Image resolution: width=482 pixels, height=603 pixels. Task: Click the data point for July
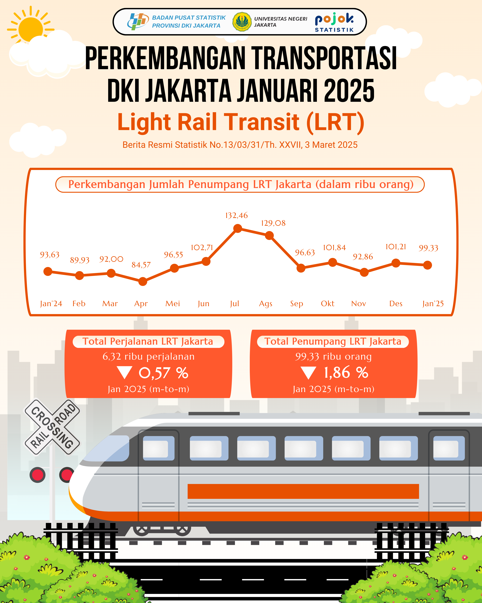[x=238, y=229]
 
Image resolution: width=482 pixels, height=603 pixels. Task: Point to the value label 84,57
[x=141, y=265]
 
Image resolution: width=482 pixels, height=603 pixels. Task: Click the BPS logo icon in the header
[x=138, y=22]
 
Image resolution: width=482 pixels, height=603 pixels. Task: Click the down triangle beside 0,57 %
[x=124, y=373]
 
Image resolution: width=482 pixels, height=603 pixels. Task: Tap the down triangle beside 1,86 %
[x=308, y=373]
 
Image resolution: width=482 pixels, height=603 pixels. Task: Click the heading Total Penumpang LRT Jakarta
[x=333, y=341]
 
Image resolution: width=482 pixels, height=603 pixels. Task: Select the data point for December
[x=396, y=263]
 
